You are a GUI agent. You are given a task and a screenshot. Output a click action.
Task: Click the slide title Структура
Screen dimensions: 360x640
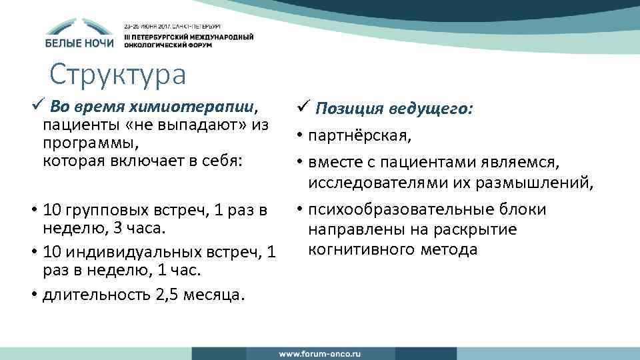pyautogui.click(x=117, y=75)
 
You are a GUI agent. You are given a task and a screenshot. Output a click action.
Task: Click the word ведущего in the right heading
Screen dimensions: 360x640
pyautogui.click(x=438, y=108)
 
